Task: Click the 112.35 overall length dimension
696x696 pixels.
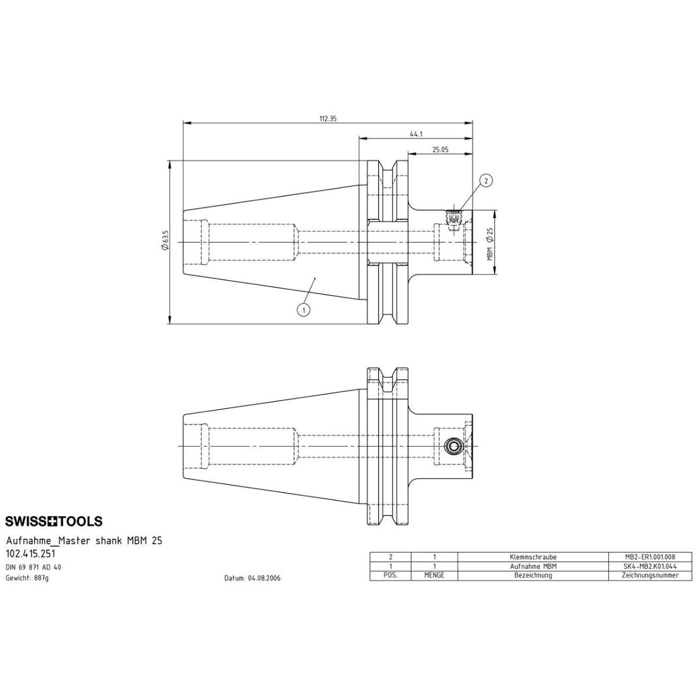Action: click(328, 119)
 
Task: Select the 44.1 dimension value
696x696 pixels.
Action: click(416, 134)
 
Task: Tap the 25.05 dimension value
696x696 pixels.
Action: click(440, 149)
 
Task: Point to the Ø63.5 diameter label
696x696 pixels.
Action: click(165, 241)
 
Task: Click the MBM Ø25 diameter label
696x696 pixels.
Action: click(490, 244)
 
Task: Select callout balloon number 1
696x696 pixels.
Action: click(303, 310)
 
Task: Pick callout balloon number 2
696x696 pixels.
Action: click(486, 180)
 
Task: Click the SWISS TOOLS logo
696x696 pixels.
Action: click(54, 521)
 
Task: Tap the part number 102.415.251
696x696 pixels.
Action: click(31, 553)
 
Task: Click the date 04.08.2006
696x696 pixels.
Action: click(252, 578)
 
